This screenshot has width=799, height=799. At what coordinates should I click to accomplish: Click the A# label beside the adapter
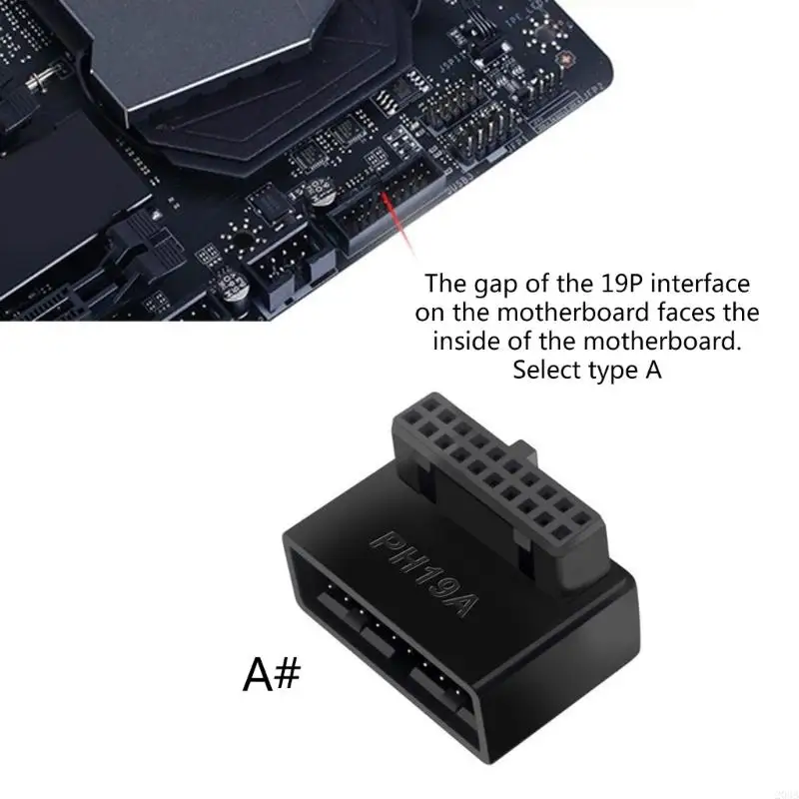[x=271, y=675]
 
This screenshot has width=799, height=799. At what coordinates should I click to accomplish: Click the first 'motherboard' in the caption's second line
[x=576, y=314]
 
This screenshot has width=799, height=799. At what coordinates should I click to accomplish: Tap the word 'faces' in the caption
[x=700, y=314]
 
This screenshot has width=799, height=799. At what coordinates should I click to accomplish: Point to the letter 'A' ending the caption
[x=651, y=371]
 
